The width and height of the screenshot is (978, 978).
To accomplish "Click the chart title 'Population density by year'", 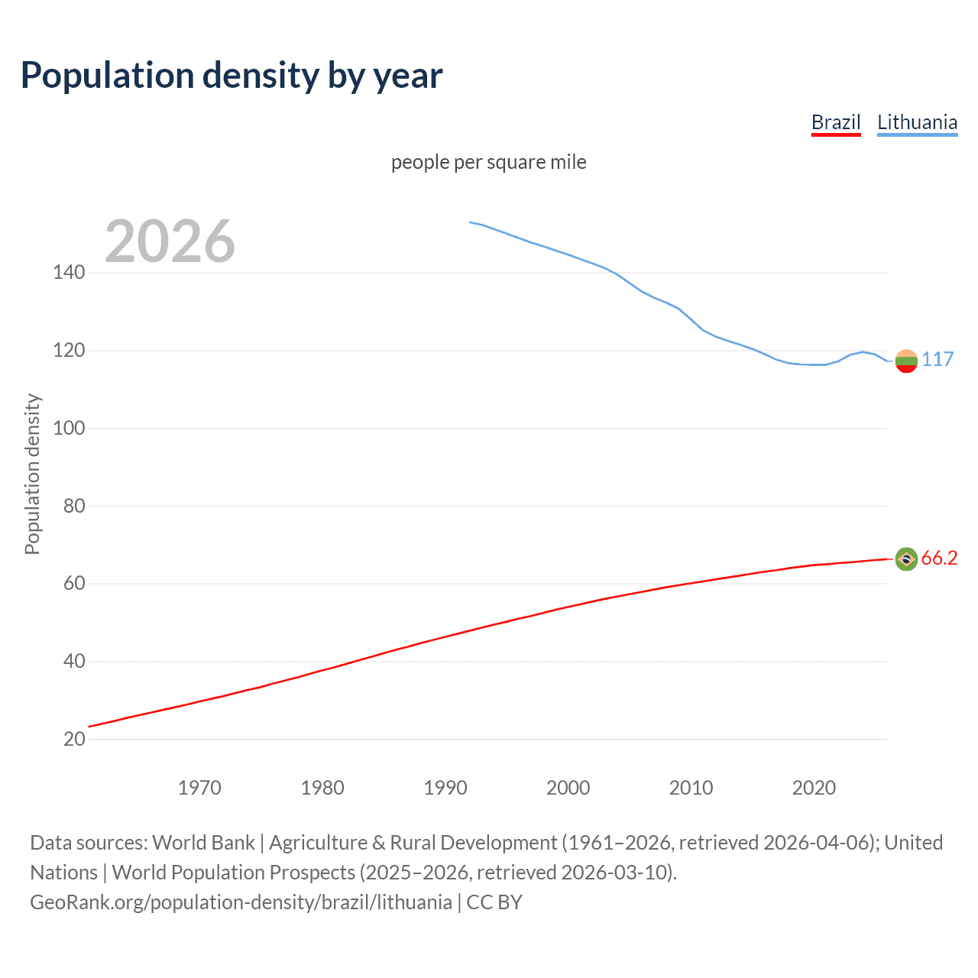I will (x=232, y=76).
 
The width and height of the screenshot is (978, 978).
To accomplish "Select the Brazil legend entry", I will (x=836, y=122).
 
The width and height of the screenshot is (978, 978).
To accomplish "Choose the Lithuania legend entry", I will (x=917, y=122).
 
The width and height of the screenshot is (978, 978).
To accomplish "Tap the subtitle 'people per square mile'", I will (x=488, y=162).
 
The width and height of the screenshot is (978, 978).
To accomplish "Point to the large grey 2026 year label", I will (x=170, y=241).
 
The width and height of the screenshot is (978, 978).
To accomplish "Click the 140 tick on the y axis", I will (x=69, y=272).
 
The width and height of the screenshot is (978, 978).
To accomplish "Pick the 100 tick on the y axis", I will (x=69, y=428).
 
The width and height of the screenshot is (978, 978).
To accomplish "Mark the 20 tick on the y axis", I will (x=74, y=739).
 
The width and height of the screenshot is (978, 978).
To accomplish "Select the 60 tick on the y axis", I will (x=74, y=584).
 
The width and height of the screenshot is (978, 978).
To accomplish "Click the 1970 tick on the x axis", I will (x=199, y=788).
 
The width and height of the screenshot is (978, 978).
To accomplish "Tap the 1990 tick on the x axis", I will (x=445, y=788).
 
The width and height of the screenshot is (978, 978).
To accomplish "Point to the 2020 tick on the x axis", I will (x=814, y=788).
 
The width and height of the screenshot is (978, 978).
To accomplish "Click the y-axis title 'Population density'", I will (x=32, y=474).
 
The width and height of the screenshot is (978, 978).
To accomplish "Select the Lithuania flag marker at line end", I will (x=906, y=361).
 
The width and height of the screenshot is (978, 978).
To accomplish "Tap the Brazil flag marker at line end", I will (x=906, y=559).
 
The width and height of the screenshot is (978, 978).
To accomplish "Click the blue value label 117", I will (x=938, y=359).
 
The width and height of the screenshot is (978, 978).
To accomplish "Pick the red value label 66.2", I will (x=939, y=559).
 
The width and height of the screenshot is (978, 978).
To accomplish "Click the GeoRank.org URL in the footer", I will (x=241, y=902).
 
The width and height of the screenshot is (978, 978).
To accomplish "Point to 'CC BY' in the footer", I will (x=494, y=902).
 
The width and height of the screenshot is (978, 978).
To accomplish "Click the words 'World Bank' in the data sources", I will (x=203, y=843).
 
